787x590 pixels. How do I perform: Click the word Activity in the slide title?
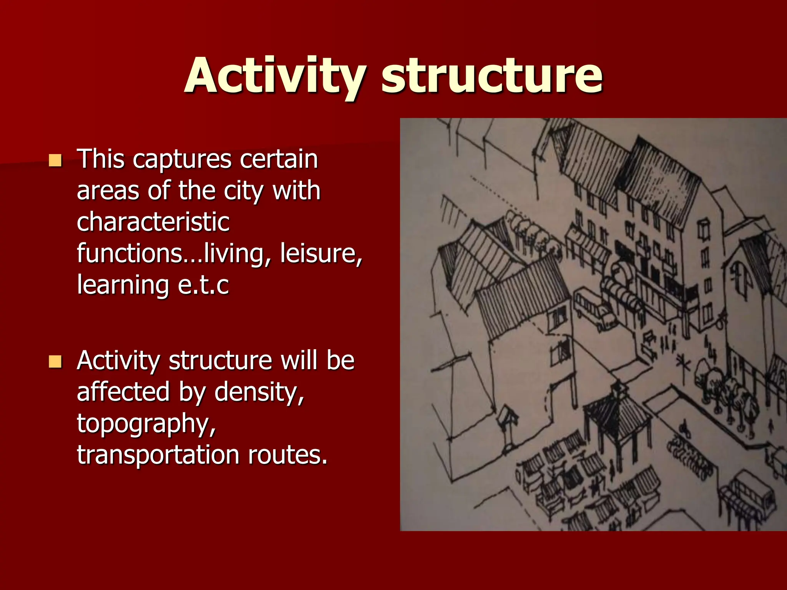coord(275,75)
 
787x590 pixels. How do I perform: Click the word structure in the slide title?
coord(492,75)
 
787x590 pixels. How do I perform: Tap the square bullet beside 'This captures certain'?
coord(55,160)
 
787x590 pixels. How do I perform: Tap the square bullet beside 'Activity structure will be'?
coord(55,361)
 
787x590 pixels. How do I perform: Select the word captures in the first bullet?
coord(182,159)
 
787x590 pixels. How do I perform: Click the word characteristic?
coord(153,222)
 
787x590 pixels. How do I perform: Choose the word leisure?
coord(321,254)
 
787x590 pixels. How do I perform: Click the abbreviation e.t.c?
coord(203,286)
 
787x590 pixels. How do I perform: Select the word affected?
coord(123,392)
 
